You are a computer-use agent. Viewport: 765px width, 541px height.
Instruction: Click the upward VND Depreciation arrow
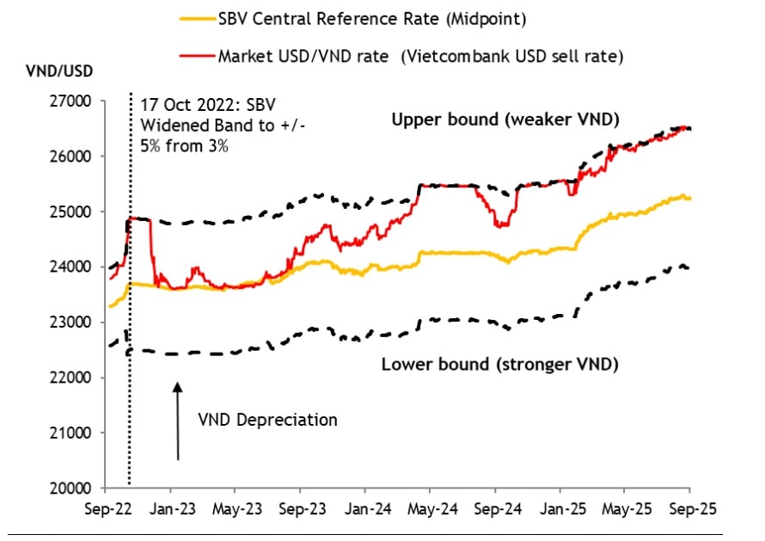(x=177, y=421)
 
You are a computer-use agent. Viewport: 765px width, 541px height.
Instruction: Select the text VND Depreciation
(x=267, y=420)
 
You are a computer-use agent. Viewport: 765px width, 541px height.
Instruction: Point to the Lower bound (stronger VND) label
(x=499, y=364)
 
